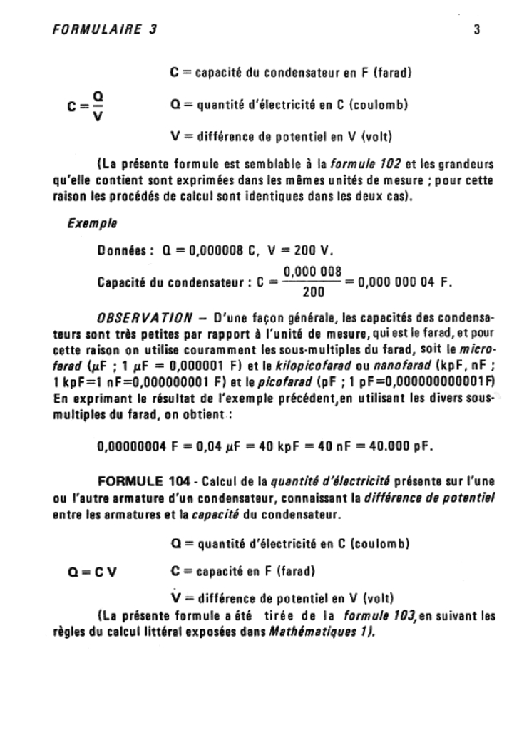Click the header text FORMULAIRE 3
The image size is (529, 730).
pyautogui.click(x=104, y=30)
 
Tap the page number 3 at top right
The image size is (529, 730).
pyautogui.click(x=476, y=30)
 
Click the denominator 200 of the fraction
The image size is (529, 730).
pyautogui.click(x=311, y=291)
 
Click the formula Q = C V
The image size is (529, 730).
pyautogui.click(x=88, y=571)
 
